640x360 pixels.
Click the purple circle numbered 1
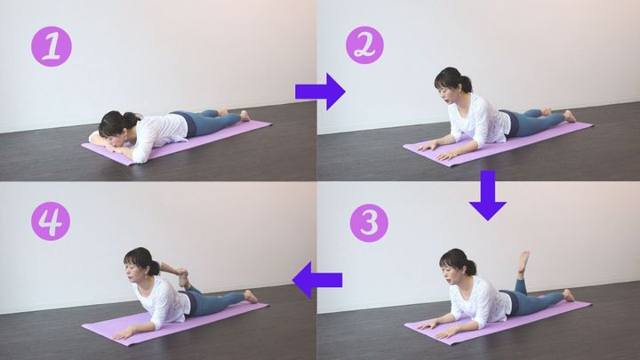coord(52,46)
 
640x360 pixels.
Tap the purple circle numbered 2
coord(364,45)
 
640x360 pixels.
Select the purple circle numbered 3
coord(369,223)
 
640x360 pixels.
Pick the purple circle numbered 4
coord(51,221)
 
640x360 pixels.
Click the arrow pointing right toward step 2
coord(320,92)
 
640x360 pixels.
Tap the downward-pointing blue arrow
coord(487,196)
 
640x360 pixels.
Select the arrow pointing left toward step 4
coord(317,280)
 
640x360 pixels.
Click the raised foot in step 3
coord(524,261)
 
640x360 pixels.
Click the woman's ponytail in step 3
coord(470,267)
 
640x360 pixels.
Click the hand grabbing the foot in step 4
coord(181,271)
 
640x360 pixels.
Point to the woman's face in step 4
coord(132,270)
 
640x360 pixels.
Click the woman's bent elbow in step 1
coord(139,157)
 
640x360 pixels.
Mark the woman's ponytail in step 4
coord(154,268)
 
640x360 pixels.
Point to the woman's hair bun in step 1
coord(132,119)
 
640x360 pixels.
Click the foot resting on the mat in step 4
coord(250,296)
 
